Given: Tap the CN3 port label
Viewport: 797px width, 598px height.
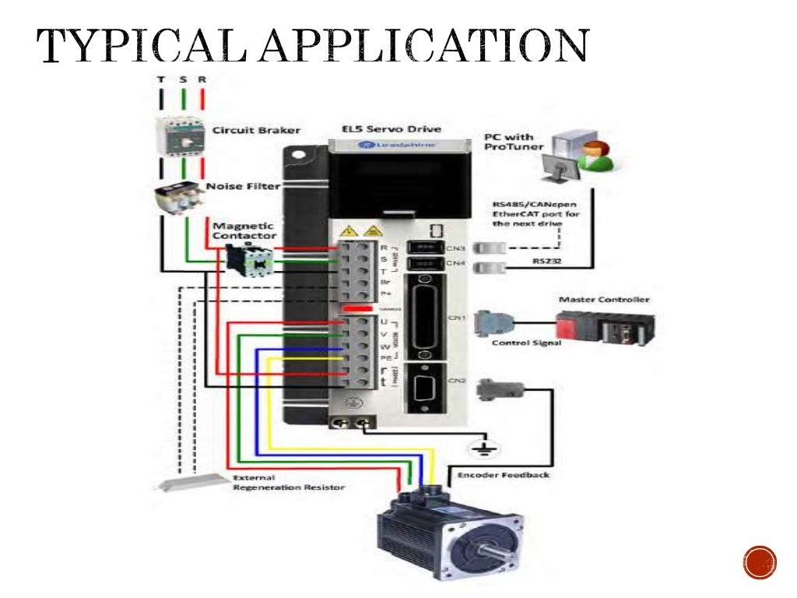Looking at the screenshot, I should coord(458,248).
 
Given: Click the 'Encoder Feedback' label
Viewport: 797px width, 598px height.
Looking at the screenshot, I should coord(503,474).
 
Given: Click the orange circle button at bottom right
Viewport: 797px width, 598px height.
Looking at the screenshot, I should coord(760,562).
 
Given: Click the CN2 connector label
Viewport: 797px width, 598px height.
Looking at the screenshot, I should coord(458,380).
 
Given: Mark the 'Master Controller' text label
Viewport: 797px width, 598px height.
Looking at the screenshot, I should coord(604,299).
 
